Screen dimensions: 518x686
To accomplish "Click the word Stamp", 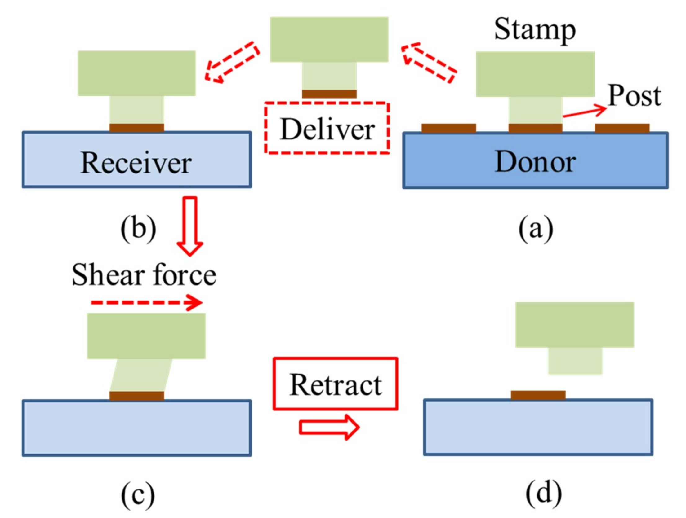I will coord(535,30).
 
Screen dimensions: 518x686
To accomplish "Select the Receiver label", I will coord(136,162).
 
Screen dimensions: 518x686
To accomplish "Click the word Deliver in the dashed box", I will coord(327,129).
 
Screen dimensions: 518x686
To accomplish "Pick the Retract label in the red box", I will coord(335,385).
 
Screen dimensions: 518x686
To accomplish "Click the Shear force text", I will coord(144,275).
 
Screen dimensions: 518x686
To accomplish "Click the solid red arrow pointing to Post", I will coord(584,112).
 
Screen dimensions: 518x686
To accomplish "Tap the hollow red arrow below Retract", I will coord(329,427).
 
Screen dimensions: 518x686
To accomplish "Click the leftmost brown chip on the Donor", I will coord(448,128).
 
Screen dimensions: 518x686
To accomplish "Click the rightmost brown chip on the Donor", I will coord(622,128).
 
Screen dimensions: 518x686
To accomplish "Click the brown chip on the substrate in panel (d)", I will coord(538,395).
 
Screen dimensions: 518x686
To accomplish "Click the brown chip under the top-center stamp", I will coord(329,94).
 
